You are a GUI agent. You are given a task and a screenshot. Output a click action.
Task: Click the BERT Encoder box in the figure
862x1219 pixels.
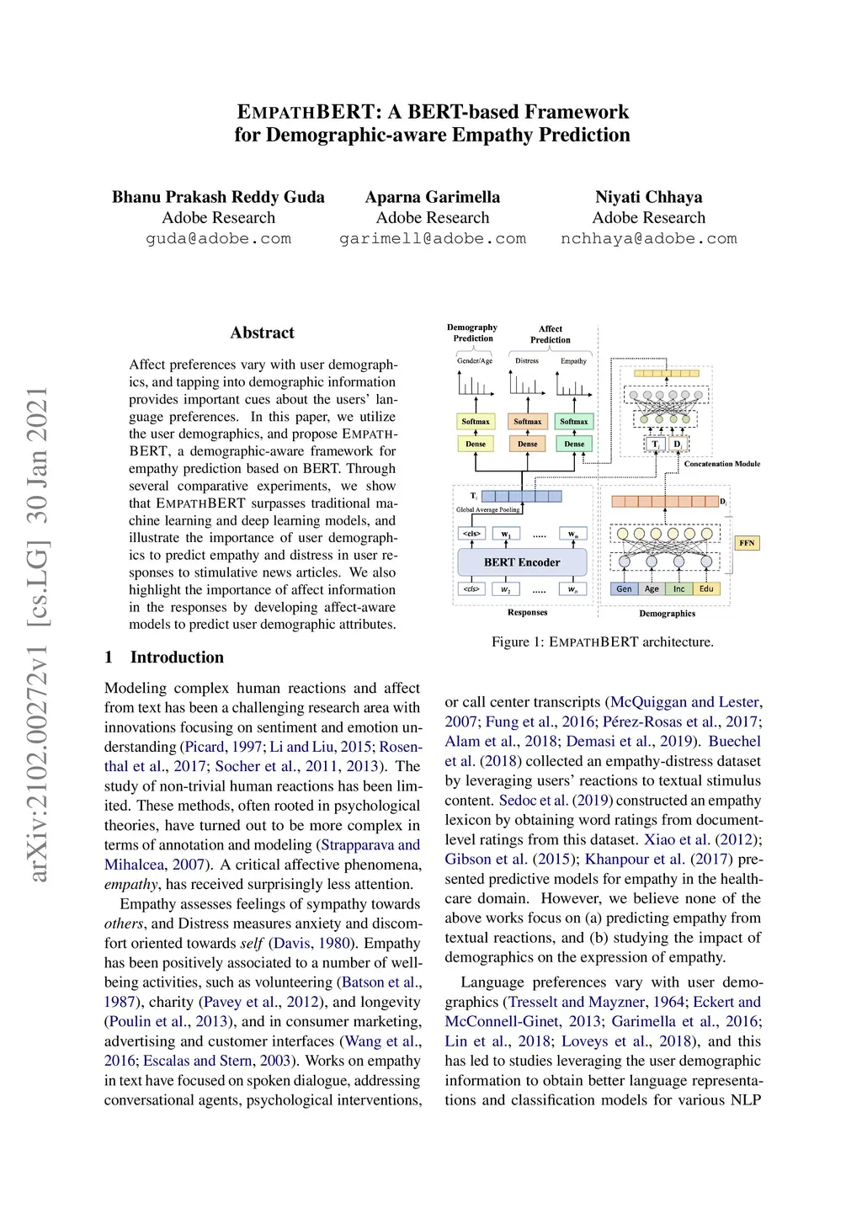(x=521, y=562)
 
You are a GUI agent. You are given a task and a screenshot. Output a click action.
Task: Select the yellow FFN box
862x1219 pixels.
(x=747, y=543)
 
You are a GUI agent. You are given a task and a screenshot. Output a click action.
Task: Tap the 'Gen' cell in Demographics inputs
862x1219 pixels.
(x=624, y=588)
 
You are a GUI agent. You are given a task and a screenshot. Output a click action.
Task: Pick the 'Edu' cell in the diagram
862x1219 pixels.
(x=706, y=588)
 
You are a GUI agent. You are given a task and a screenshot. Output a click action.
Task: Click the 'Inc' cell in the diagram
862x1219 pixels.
(x=678, y=588)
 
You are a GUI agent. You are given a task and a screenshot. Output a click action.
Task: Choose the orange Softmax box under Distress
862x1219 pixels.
(x=528, y=421)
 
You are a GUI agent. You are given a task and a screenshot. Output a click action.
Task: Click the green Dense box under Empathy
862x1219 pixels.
(x=574, y=444)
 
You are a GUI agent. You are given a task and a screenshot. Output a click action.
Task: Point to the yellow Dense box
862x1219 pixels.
(x=476, y=444)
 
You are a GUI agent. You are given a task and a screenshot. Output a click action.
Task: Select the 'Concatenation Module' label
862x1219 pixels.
(x=721, y=464)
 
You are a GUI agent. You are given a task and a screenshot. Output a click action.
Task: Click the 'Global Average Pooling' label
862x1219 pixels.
(x=487, y=510)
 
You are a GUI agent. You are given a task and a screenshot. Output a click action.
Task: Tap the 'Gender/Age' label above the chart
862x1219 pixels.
(x=475, y=361)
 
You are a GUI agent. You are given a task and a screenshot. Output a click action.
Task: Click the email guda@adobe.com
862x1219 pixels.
(x=218, y=239)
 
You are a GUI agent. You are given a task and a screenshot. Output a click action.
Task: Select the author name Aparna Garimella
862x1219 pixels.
(x=432, y=197)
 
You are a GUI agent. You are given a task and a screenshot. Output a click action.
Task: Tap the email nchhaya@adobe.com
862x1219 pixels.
(x=648, y=239)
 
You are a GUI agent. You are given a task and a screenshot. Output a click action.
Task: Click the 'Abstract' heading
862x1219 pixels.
(x=262, y=333)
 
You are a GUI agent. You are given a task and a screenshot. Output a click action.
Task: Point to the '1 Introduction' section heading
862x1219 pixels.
(x=164, y=657)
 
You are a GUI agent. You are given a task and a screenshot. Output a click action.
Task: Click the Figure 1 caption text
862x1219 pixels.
(x=602, y=641)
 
